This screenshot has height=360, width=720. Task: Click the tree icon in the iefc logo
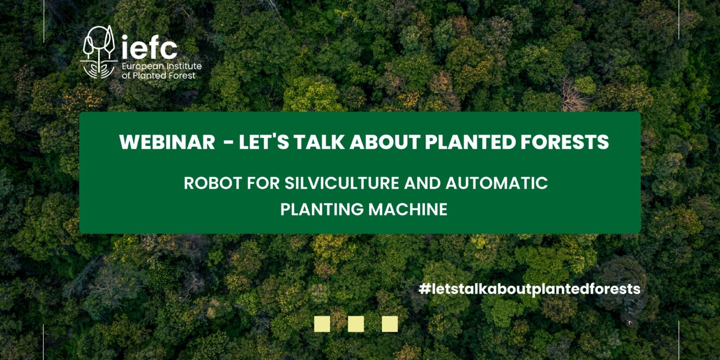(99, 52)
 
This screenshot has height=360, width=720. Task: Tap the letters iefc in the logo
(149, 47)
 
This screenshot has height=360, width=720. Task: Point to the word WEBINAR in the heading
(167, 142)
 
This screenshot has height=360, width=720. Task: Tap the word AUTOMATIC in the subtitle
(496, 183)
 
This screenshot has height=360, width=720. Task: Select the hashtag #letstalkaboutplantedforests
(529, 289)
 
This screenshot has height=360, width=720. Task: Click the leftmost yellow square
(322, 324)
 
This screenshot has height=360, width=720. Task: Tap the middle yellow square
(356, 324)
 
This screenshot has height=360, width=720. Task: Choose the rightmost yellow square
(389, 324)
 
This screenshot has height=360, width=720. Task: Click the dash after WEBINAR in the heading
(230, 143)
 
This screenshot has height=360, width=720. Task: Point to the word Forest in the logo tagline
(182, 76)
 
